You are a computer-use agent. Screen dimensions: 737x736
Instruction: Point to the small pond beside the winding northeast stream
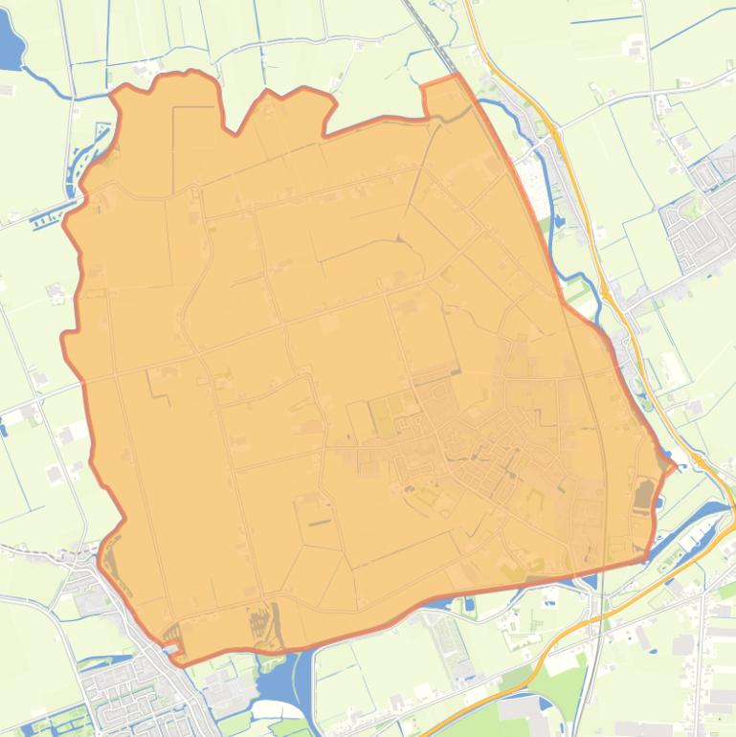(x=558, y=221)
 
